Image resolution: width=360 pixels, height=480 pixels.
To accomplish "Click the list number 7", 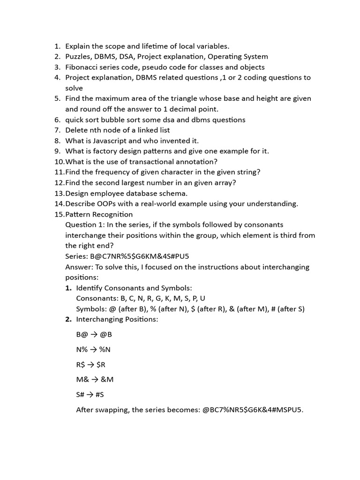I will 57,130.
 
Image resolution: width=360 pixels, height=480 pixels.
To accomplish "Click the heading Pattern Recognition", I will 99,214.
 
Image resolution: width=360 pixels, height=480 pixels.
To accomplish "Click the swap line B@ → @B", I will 94,335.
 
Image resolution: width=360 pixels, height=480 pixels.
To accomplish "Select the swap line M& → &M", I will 95,380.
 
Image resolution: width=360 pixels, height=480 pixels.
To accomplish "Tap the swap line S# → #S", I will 90,395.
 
